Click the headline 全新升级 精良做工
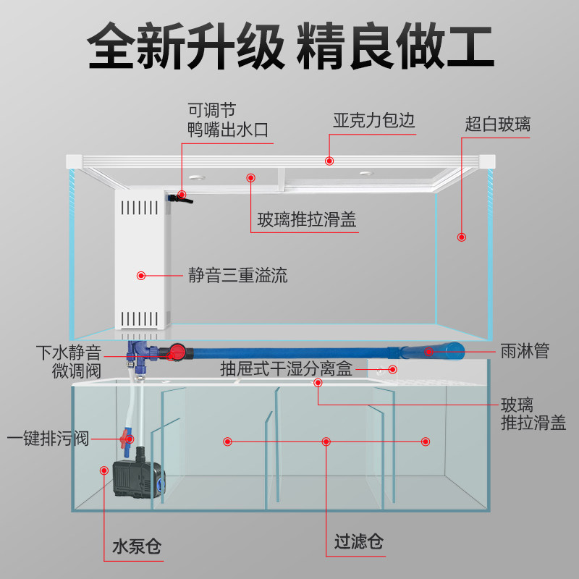coord(289,45)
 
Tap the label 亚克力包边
coord(373,120)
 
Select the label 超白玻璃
coord(497,124)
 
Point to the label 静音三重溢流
coord(237,276)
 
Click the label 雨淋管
coord(525,352)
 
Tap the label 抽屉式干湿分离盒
coord(286,370)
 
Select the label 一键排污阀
coord(48,439)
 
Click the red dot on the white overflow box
coord(141,276)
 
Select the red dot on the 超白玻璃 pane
coord(461,237)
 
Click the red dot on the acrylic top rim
coord(329,161)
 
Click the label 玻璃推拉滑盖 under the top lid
coord(307,221)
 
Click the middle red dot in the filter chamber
coord(326,441)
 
